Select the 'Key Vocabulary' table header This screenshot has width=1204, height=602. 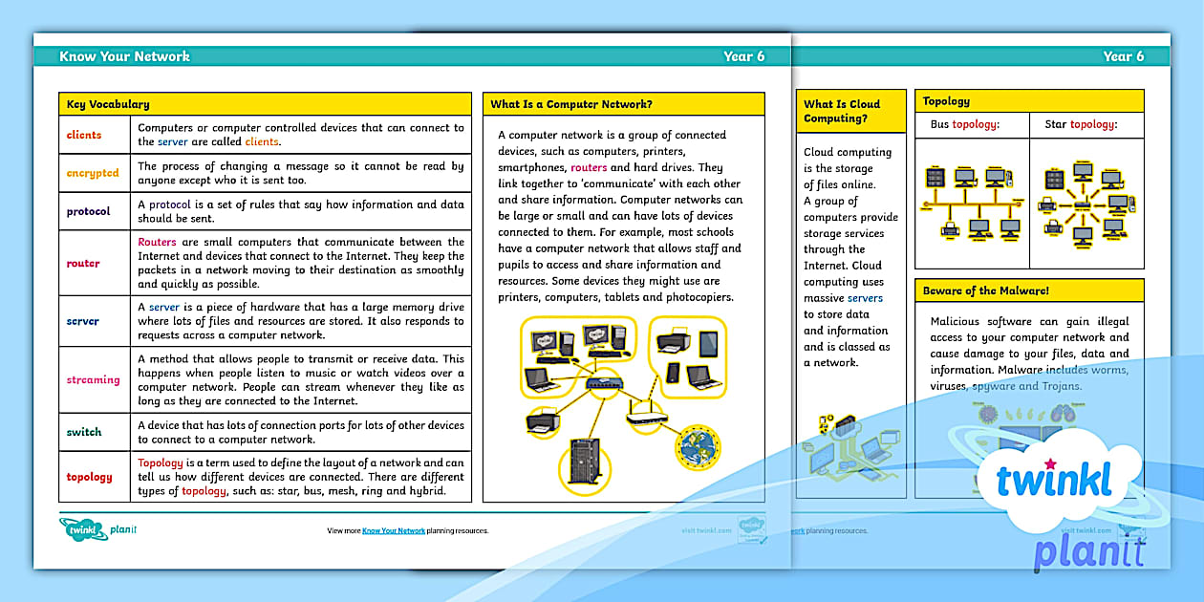(x=108, y=104)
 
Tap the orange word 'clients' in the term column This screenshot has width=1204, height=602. (x=84, y=135)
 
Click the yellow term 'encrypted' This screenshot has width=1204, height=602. (x=93, y=173)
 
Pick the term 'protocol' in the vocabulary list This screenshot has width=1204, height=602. (x=88, y=211)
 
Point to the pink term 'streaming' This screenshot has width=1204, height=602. (x=93, y=379)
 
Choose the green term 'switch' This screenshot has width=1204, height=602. (x=84, y=432)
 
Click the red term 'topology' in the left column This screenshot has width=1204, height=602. (x=89, y=477)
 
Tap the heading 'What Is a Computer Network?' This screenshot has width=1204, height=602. (x=571, y=104)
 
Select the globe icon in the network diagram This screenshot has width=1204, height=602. (x=698, y=446)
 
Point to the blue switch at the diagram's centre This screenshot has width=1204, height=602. (x=603, y=385)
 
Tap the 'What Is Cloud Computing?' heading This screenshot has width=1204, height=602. (x=842, y=111)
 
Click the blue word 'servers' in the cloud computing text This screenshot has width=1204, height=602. (x=865, y=298)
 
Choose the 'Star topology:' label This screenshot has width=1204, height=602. (x=1081, y=124)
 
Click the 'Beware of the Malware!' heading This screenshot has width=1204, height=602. (x=985, y=290)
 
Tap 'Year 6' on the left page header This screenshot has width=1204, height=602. (x=743, y=56)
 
